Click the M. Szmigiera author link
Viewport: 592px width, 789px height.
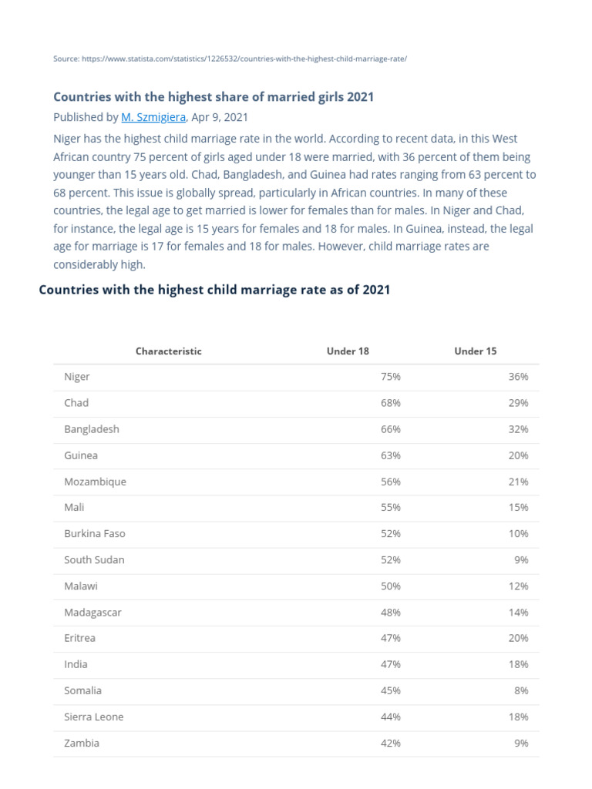tap(153, 117)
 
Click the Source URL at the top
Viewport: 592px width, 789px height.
tap(229, 59)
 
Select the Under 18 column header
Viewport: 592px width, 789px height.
tap(348, 351)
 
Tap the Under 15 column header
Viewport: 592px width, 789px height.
tap(476, 351)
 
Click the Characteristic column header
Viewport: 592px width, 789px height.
tap(169, 351)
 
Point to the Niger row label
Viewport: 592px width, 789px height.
tap(77, 377)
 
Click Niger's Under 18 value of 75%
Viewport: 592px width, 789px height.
tap(391, 377)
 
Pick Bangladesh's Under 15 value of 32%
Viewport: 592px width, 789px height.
tap(518, 429)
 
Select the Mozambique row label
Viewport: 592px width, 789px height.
tap(96, 482)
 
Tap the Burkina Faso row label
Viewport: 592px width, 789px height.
tap(95, 533)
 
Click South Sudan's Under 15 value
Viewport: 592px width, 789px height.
tap(521, 560)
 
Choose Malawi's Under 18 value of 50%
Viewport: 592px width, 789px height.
tap(391, 586)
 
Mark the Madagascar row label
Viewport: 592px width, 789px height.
tap(93, 613)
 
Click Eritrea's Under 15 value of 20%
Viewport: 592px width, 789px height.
tap(518, 638)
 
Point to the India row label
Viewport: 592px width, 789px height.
tap(76, 664)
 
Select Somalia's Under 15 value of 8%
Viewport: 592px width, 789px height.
tap(521, 690)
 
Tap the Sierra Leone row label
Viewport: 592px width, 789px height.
tap(94, 717)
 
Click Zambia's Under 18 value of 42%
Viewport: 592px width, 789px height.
tap(391, 744)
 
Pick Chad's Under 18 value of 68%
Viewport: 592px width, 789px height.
tap(391, 403)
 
